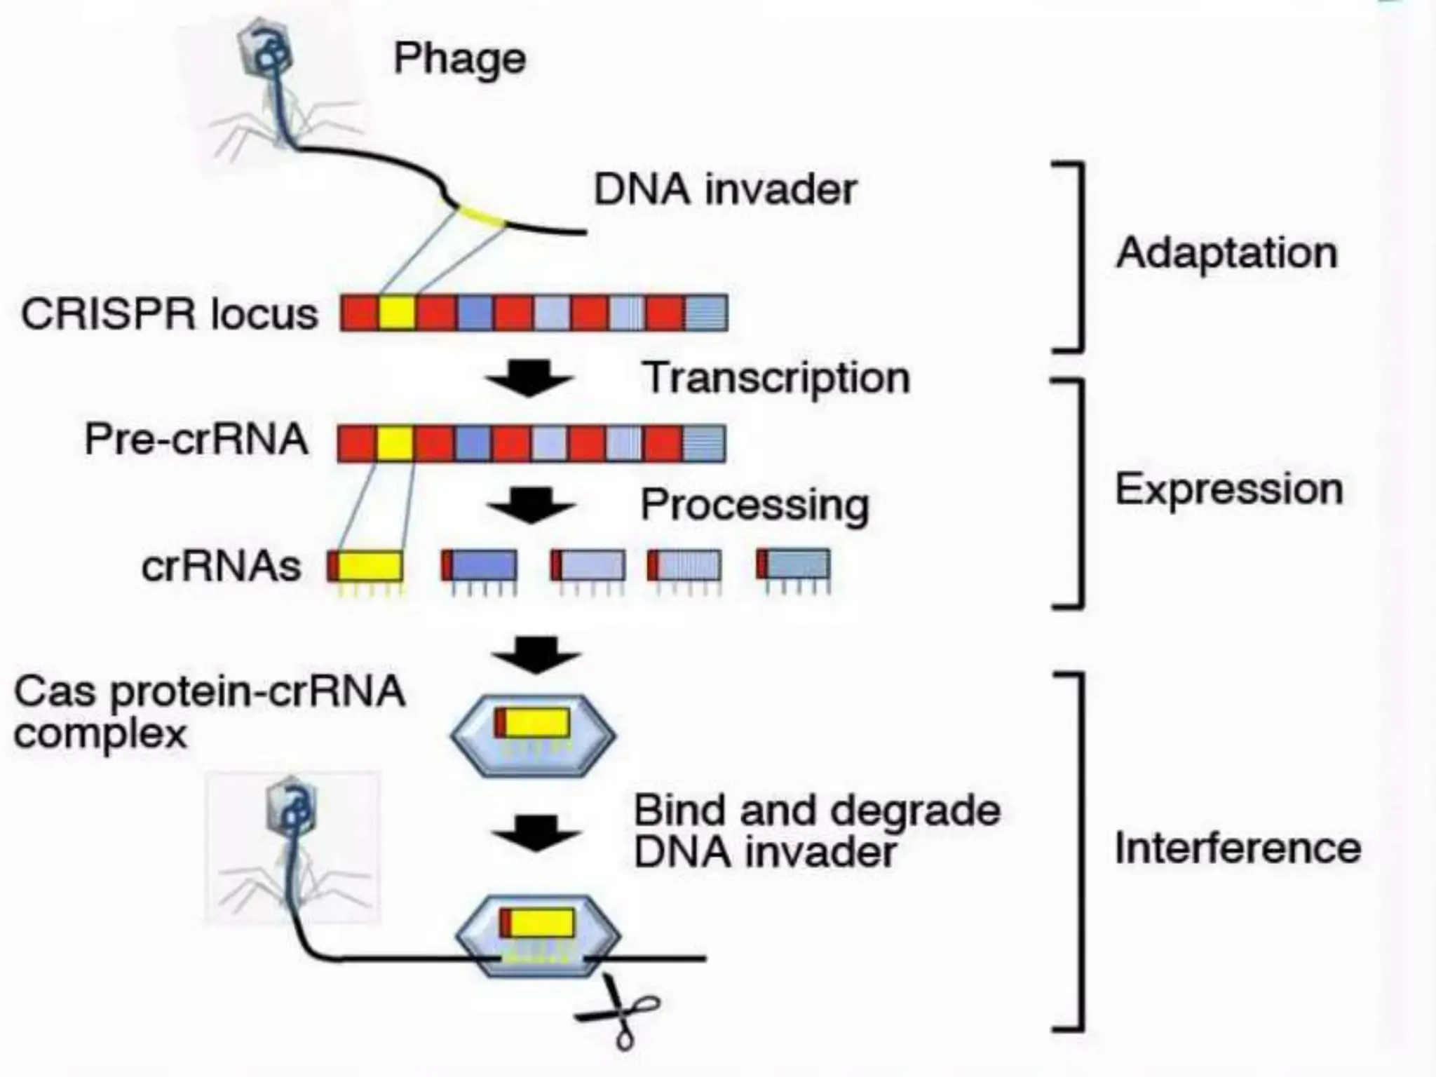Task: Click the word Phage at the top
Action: (459, 59)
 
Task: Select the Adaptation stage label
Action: (1226, 253)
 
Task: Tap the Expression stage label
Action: (1228, 489)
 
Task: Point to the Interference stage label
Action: (1238, 848)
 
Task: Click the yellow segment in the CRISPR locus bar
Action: (397, 313)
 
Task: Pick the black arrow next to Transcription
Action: (529, 379)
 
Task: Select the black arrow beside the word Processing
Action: (531, 506)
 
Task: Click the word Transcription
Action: (775, 379)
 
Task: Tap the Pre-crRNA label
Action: (196, 440)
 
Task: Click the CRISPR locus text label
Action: (169, 314)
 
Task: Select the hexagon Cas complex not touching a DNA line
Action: (533, 735)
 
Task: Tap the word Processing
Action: (754, 506)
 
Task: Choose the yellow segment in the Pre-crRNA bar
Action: (395, 443)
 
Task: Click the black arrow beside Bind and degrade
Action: (536, 833)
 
